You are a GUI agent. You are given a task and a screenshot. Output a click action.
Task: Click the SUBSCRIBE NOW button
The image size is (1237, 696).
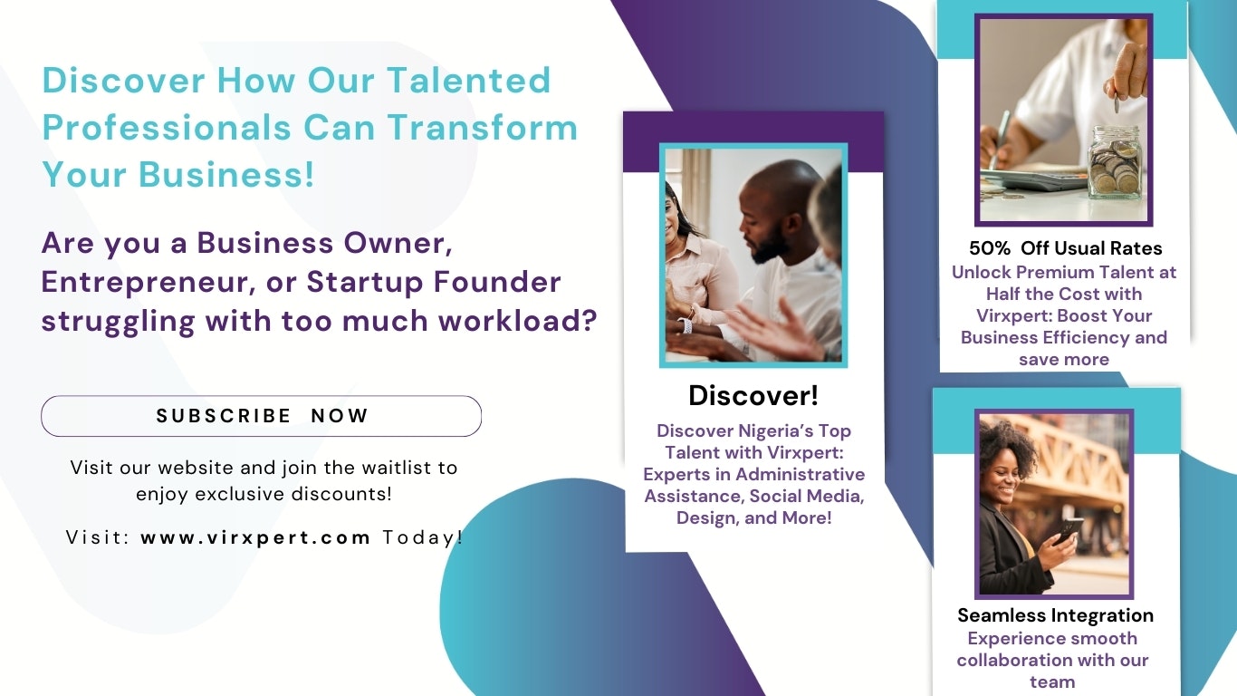tap(261, 416)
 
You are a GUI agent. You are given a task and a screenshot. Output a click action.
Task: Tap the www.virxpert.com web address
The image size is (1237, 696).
tap(255, 538)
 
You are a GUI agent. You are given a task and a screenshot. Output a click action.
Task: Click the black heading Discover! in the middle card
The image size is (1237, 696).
tap(753, 396)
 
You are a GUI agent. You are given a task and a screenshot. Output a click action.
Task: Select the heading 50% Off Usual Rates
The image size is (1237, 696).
tap(1065, 248)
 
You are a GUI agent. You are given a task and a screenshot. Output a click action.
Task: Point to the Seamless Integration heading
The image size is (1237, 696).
tap(1055, 615)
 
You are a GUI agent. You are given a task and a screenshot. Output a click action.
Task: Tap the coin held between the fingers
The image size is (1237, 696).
tap(1117, 102)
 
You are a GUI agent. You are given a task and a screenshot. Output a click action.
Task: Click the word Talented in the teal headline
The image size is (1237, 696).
tap(468, 81)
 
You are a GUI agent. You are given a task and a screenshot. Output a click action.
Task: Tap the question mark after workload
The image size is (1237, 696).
tap(589, 321)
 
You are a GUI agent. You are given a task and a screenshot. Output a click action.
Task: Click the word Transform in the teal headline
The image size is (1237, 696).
tap(482, 128)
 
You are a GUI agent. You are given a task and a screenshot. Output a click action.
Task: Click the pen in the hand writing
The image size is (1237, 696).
tap(999, 140)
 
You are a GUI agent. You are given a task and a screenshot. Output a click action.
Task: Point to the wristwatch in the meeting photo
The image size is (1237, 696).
tap(687, 325)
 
